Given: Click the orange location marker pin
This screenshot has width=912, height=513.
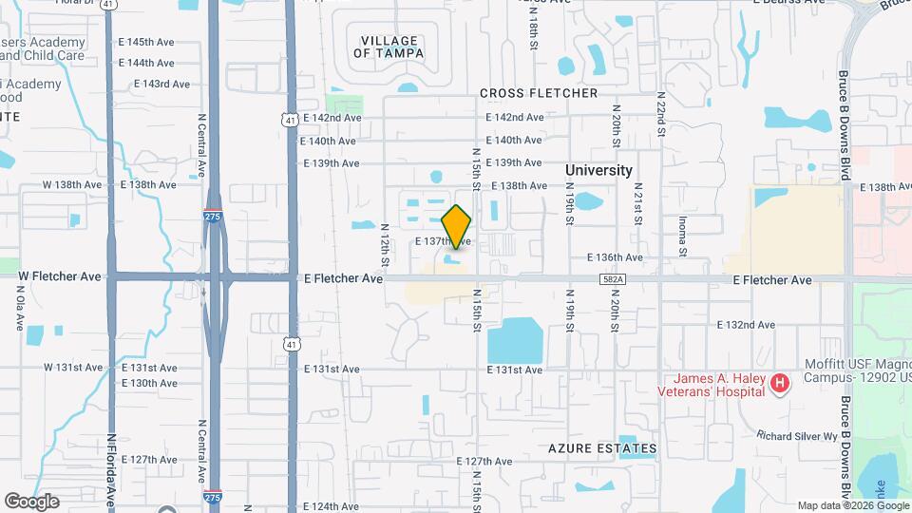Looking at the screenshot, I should pyautogui.click(x=457, y=226).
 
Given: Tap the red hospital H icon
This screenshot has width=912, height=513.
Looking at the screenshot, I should pyautogui.click(x=780, y=384).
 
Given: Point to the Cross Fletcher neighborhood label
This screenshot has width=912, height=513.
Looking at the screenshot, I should pyautogui.click(x=539, y=93).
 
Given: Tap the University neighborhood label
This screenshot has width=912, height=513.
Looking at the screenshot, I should pyautogui.click(x=598, y=170).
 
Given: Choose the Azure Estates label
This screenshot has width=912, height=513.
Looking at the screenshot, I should pyautogui.click(x=602, y=448).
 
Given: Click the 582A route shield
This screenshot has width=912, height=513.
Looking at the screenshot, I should pyautogui.click(x=614, y=279).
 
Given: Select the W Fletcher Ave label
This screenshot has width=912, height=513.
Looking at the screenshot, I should pyautogui.click(x=60, y=276).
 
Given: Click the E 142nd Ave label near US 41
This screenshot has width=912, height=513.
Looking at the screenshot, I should pyautogui.click(x=332, y=118).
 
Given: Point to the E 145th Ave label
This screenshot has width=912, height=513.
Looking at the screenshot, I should pyautogui.click(x=146, y=43).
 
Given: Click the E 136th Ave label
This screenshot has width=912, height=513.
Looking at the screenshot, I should pyautogui.click(x=615, y=257).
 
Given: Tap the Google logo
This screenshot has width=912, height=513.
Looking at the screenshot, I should pyautogui.click(x=31, y=501).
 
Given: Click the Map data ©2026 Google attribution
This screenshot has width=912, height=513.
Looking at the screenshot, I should pyautogui.click(x=853, y=505).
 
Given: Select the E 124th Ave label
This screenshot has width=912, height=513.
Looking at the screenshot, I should pyautogui.click(x=332, y=506).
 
